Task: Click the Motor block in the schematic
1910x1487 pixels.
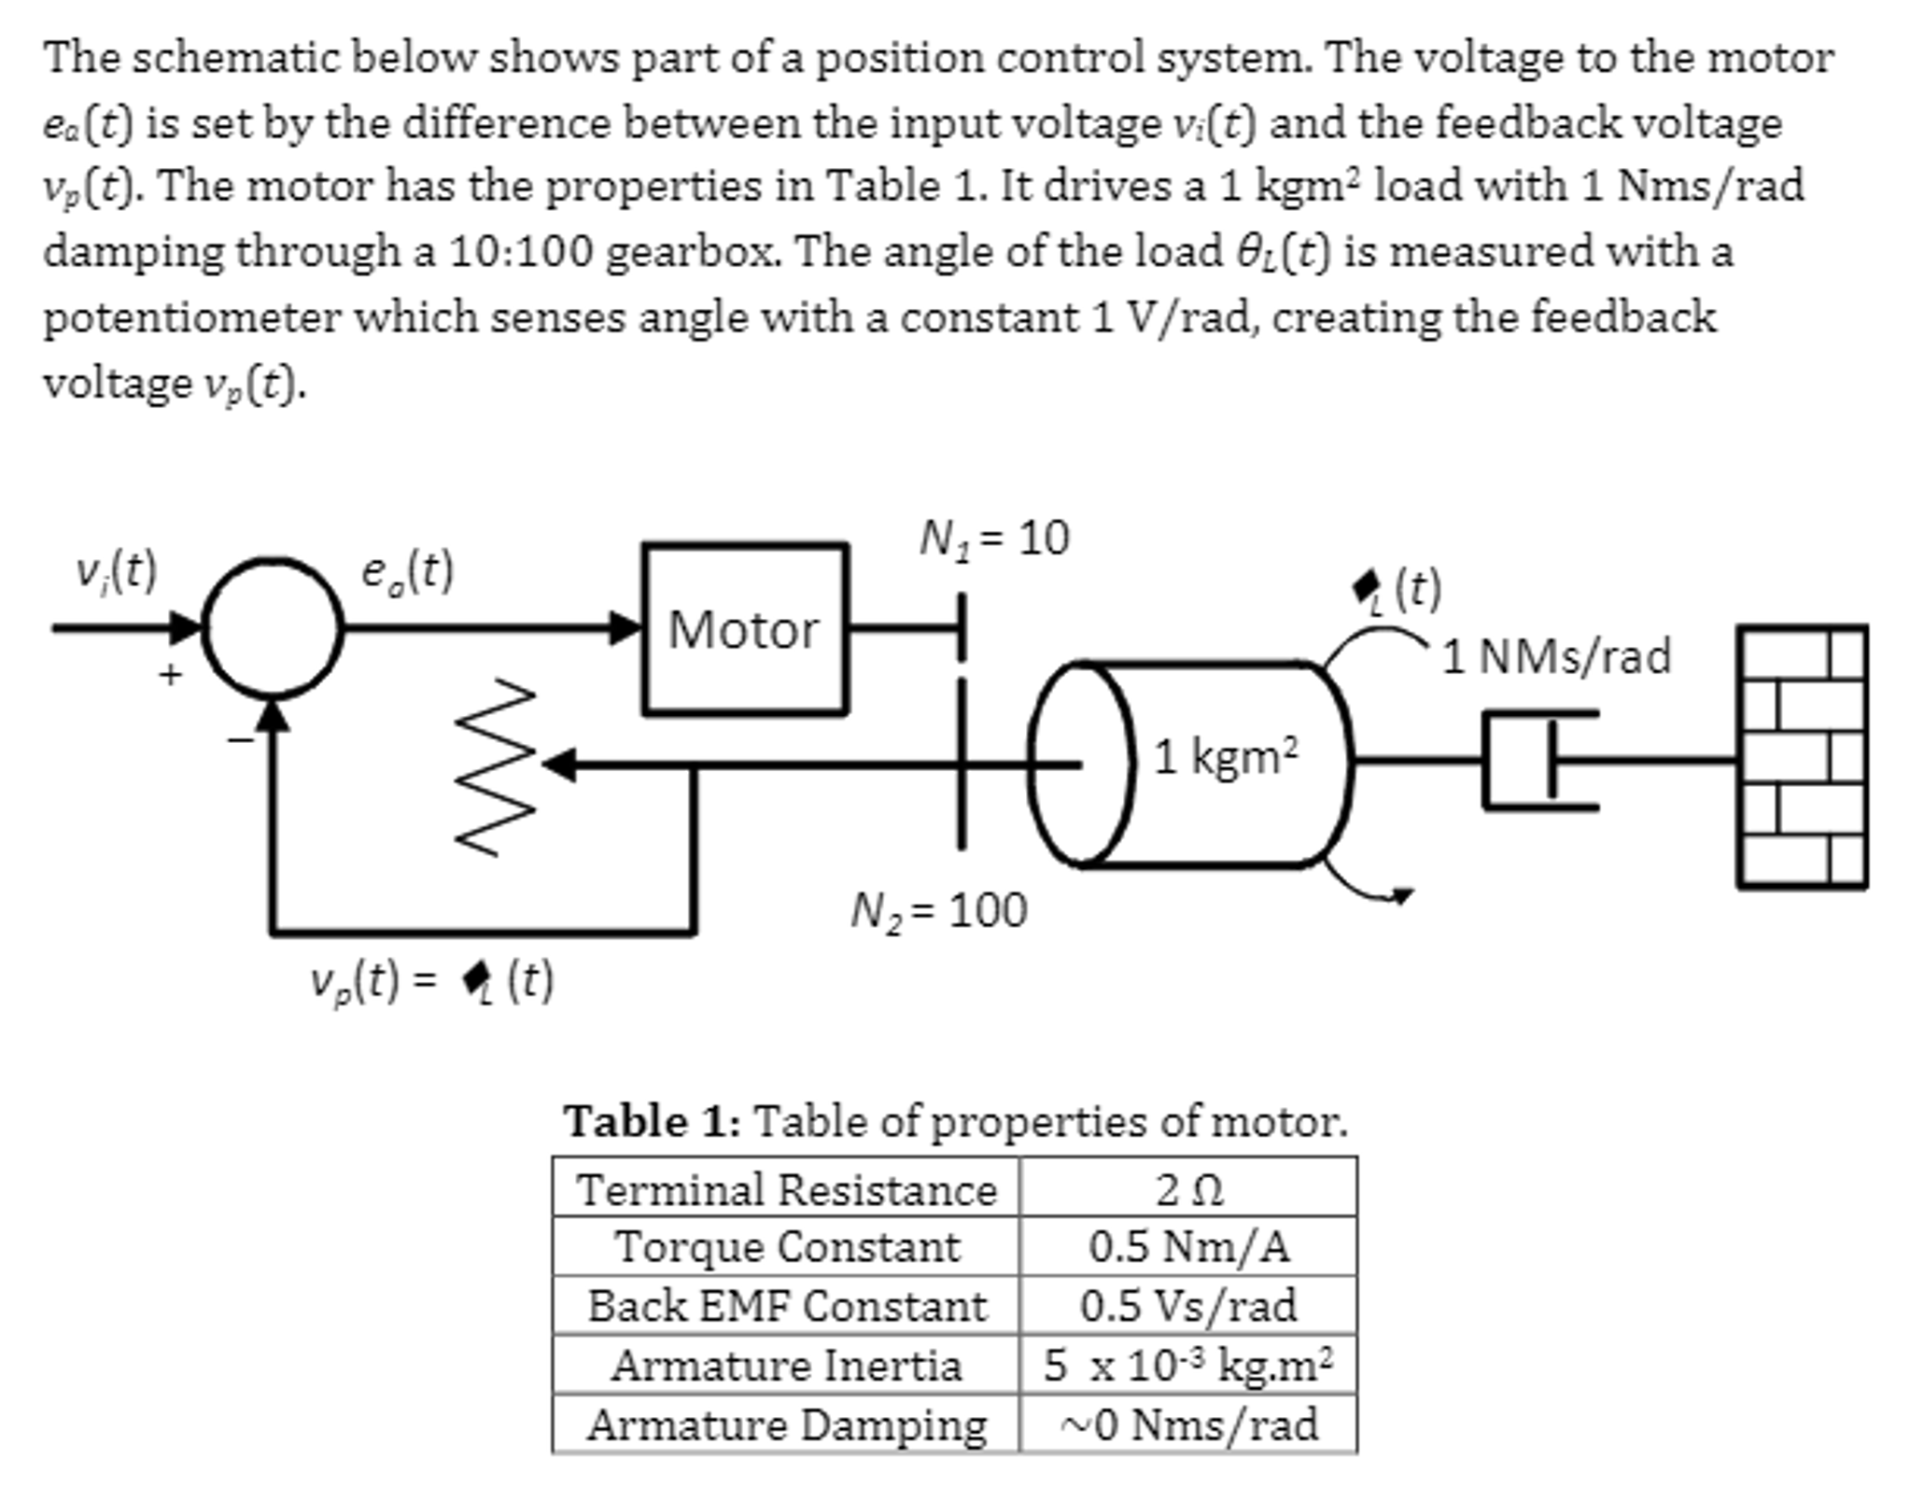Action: (744, 629)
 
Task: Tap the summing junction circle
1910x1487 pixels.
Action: (273, 628)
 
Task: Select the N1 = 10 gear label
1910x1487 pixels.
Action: (993, 539)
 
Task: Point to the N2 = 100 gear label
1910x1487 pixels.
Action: (938, 910)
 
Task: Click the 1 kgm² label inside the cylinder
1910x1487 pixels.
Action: (1225, 756)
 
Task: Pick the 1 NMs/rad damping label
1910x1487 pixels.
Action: (1556, 656)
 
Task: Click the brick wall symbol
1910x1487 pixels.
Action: (1801, 757)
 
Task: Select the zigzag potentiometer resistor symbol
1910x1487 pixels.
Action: (495, 765)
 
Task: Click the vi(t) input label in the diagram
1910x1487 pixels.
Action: (117, 571)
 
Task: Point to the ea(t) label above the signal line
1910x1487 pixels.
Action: (407, 571)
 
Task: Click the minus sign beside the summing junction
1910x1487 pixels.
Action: (240, 740)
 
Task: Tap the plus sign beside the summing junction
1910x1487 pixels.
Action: (169, 674)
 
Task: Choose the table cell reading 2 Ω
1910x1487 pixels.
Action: (1187, 1190)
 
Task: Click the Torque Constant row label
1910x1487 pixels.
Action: (786, 1247)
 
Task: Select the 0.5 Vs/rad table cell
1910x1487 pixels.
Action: (1187, 1306)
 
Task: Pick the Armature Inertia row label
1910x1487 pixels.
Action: (786, 1366)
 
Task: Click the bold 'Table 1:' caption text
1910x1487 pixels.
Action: (652, 1121)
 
